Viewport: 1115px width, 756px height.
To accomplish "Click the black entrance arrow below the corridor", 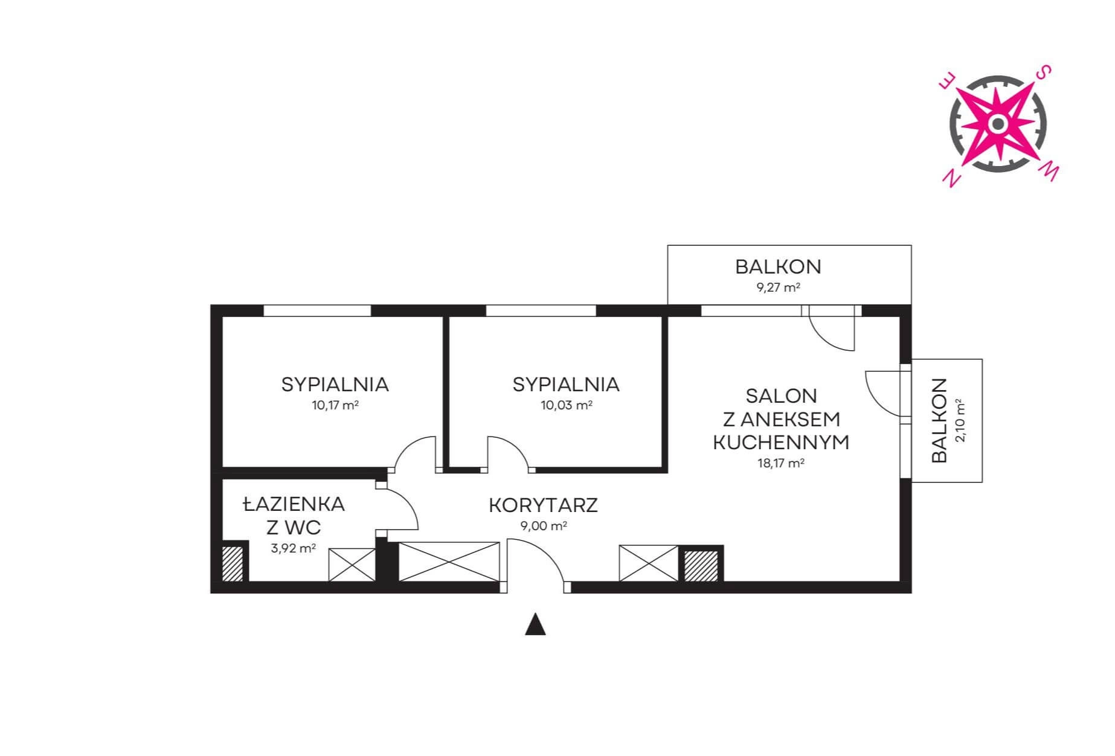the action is point(535,624).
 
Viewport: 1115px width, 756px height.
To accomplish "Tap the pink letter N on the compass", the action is point(953,178).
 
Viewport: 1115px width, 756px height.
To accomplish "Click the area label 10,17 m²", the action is point(335,405).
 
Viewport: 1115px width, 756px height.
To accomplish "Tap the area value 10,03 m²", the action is point(566,405).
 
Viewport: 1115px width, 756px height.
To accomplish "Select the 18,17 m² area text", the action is point(781,464).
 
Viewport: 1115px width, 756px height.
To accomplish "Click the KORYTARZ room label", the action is point(543,505).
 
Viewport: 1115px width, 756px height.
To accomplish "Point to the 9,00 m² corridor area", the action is point(544,526).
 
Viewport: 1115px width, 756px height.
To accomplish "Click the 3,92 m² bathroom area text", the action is point(294,549).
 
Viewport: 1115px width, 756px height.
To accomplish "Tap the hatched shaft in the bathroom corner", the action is point(233,564).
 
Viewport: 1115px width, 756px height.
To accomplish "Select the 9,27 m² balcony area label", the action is point(779,287).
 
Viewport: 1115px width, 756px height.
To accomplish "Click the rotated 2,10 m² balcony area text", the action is point(960,421).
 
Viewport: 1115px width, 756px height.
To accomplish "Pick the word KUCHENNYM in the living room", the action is point(781,443).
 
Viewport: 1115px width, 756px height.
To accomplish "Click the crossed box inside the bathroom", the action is point(352,565).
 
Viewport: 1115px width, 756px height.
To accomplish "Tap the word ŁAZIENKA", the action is point(294,504).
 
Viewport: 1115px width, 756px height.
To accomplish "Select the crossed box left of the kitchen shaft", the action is point(649,563).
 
